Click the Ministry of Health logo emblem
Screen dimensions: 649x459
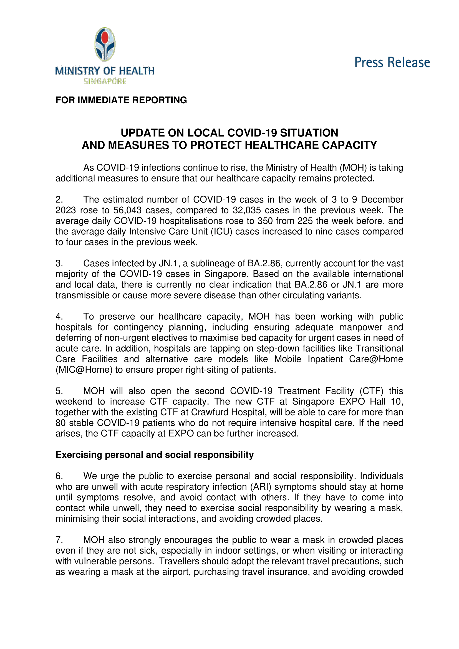tap(105, 44)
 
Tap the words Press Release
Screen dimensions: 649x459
tap(392, 62)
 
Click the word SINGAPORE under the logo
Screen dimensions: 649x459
tap(105, 81)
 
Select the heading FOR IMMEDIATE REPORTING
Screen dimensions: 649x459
tap(121, 100)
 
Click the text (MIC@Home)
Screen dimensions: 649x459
tap(84, 370)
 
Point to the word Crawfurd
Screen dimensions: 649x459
tap(209, 412)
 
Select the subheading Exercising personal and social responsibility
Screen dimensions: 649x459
tap(154, 455)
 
